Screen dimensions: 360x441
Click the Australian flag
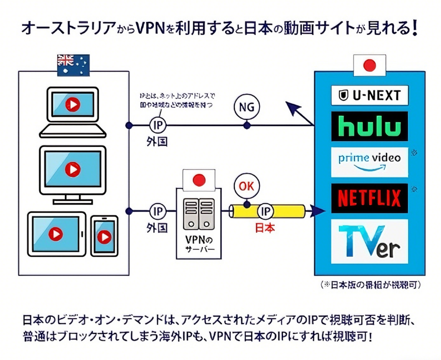73,65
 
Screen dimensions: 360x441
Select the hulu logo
370,127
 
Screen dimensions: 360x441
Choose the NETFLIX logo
370,198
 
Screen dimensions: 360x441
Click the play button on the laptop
72,104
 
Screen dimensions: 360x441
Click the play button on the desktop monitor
72,169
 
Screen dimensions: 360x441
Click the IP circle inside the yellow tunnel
265,211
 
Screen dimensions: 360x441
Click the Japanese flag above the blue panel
369,66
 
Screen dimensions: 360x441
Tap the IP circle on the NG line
157,125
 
